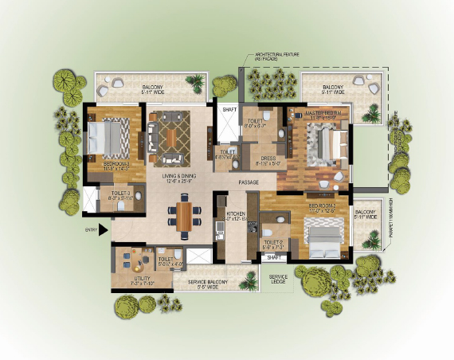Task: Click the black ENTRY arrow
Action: [104, 232]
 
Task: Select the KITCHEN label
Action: [237, 213]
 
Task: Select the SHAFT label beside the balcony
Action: [229, 108]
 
